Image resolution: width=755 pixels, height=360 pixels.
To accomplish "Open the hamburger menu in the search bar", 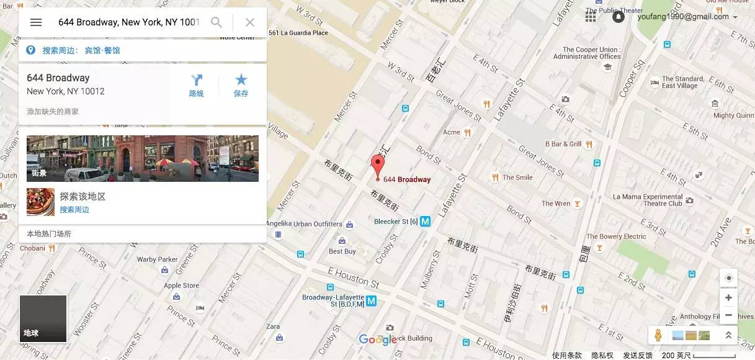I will pyautogui.click(x=36, y=22).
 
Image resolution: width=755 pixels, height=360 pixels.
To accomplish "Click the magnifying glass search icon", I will pyautogui.click(x=217, y=22).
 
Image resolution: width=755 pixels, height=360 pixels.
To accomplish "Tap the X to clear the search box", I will pyautogui.click(x=250, y=22).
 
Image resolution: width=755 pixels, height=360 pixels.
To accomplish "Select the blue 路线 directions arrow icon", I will pyautogui.click(x=196, y=80).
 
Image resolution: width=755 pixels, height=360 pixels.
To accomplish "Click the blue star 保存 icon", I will pyautogui.click(x=241, y=80).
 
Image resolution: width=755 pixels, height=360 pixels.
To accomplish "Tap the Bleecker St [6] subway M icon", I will pyautogui.click(x=426, y=221).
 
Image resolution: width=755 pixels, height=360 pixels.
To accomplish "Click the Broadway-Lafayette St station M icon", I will pyautogui.click(x=371, y=301).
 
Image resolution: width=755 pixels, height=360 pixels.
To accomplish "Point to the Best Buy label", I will pyautogui.click(x=342, y=251).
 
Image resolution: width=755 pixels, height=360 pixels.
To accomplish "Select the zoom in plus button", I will pyautogui.click(x=728, y=298).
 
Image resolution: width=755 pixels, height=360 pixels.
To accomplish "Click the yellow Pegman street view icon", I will pyautogui.click(x=658, y=335).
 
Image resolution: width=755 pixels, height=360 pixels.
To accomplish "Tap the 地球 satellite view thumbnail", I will pyautogui.click(x=43, y=318).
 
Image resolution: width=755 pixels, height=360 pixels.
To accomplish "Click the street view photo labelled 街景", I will pyautogui.click(x=143, y=158).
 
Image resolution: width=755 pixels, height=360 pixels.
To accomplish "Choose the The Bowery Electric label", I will pyautogui.click(x=616, y=236).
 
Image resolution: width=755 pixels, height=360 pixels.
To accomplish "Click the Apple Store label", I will pyautogui.click(x=182, y=286).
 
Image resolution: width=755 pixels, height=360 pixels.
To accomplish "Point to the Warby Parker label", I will pyautogui.click(x=157, y=259).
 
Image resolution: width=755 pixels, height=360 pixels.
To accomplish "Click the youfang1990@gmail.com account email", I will pyautogui.click(x=682, y=17).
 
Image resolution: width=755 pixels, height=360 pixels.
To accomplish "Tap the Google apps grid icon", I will pyautogui.click(x=591, y=16).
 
